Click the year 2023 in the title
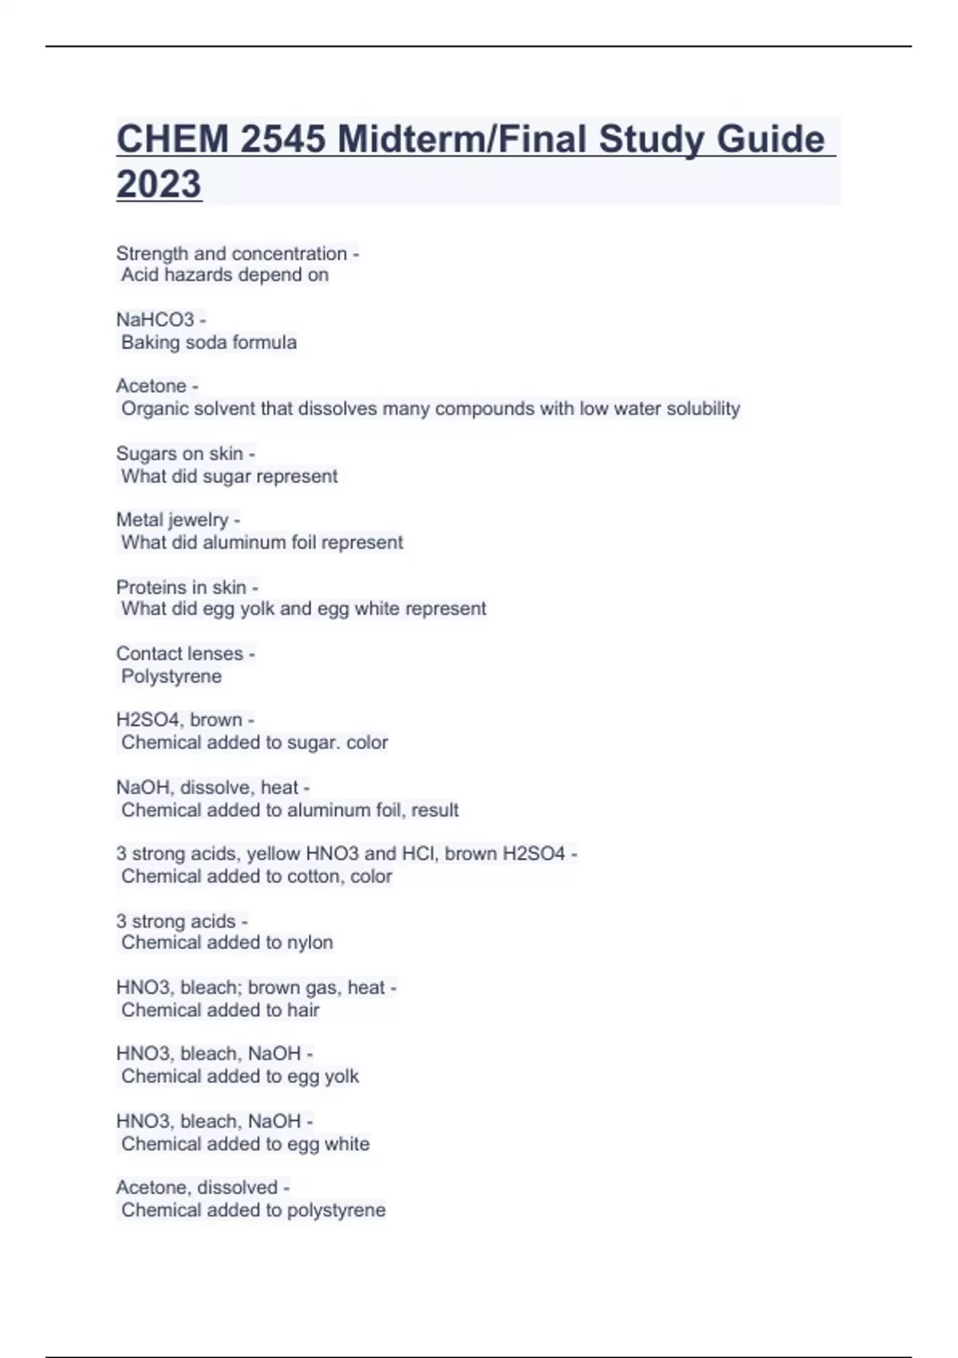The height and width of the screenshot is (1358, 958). coord(159,184)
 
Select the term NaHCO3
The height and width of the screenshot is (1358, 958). coord(155,320)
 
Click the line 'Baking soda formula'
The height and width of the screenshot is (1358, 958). coord(208,342)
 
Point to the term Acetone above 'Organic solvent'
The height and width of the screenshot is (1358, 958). coord(151,386)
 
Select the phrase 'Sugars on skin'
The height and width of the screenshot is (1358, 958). coord(180,454)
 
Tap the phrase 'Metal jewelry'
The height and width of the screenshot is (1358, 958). coord(172,520)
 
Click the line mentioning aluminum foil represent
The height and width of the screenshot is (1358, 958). coord(262,542)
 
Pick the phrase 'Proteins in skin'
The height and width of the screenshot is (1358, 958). coord(181,587)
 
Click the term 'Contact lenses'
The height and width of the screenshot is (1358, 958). coord(180,653)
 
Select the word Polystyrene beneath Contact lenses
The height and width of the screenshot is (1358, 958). coord(172,676)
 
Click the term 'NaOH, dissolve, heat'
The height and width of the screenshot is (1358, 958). coord(208,788)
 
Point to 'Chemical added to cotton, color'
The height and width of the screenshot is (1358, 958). coord(256,876)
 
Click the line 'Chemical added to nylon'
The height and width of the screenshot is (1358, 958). coord(227,943)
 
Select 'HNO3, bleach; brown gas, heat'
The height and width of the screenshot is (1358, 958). coord(251,987)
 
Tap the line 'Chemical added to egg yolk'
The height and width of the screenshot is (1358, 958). coord(239,1076)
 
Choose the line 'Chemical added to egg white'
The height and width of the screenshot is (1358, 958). coord(245,1144)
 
